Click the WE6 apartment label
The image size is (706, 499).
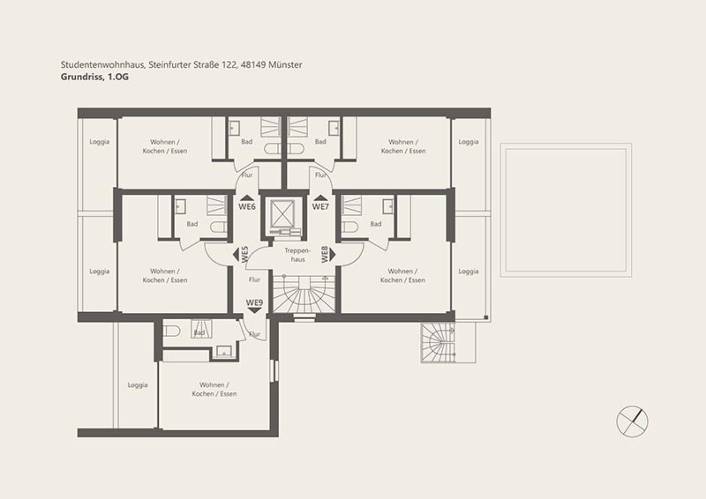247,206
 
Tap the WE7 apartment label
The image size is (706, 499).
321,206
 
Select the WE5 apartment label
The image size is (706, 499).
245,254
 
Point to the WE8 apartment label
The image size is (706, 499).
325,254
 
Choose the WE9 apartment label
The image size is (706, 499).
254,302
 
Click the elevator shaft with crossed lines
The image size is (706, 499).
282,213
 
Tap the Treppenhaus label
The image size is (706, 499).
297,255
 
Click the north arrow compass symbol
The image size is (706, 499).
632,421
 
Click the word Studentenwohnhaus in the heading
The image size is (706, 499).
103,65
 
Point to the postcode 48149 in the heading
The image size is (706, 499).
253,65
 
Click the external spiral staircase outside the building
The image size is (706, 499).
438,342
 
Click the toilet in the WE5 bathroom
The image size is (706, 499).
218,227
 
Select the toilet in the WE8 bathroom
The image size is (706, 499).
350,227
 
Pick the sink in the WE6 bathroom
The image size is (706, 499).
234,128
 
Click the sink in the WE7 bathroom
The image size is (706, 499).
334,128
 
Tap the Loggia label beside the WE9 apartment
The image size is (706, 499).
138,385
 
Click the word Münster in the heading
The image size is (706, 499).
285,65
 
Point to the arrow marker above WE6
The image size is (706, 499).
247,198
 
